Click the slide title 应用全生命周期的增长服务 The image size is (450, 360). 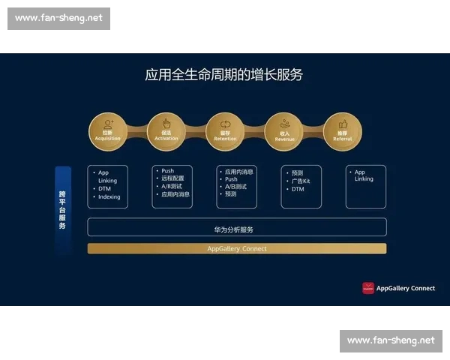coord(223,76)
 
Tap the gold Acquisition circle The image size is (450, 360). coord(108,132)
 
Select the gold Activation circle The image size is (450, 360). coord(166,132)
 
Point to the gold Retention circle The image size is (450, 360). coord(225,132)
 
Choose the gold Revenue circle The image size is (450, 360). coord(284,132)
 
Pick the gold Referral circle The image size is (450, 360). coord(343,132)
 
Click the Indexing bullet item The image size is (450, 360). coord(109,197)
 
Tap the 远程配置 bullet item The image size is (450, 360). coord(172,178)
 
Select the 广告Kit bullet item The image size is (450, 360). coord(301,181)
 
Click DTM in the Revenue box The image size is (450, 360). coord(298,190)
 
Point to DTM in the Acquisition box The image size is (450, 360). coord(105,189)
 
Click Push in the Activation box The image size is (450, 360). coord(168,171)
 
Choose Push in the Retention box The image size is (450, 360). coord(232,179)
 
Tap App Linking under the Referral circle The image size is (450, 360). coord(364,175)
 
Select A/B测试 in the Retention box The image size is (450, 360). coord(235,187)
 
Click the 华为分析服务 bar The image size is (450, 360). coord(237,228)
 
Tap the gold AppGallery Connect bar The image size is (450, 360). coord(237,248)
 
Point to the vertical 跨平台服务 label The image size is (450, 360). coord(63,210)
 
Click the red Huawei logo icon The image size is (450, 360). coord(367,288)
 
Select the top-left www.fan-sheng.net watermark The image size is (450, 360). coord(58,19)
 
